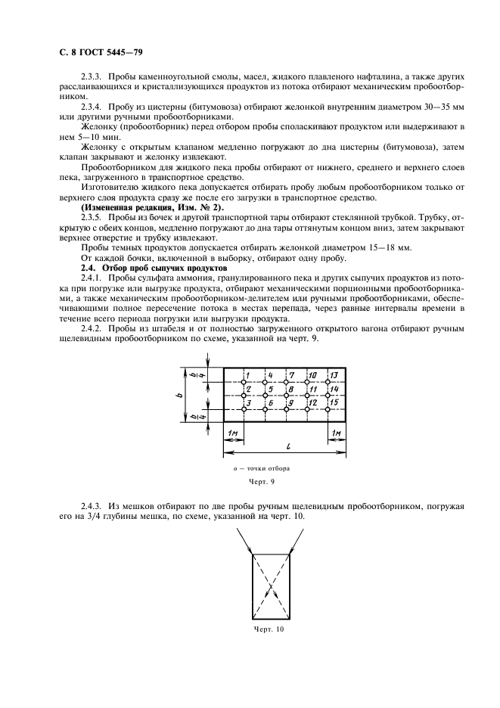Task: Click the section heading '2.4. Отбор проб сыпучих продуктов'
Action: [x=143, y=269]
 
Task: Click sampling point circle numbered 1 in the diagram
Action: [x=244, y=382]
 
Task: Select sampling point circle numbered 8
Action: [x=286, y=396]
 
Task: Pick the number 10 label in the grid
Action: [x=312, y=375]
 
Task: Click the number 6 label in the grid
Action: [x=270, y=402]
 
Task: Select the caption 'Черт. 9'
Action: [x=261, y=482]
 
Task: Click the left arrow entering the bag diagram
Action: [x=244, y=541]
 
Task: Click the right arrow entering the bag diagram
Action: [x=296, y=541]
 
